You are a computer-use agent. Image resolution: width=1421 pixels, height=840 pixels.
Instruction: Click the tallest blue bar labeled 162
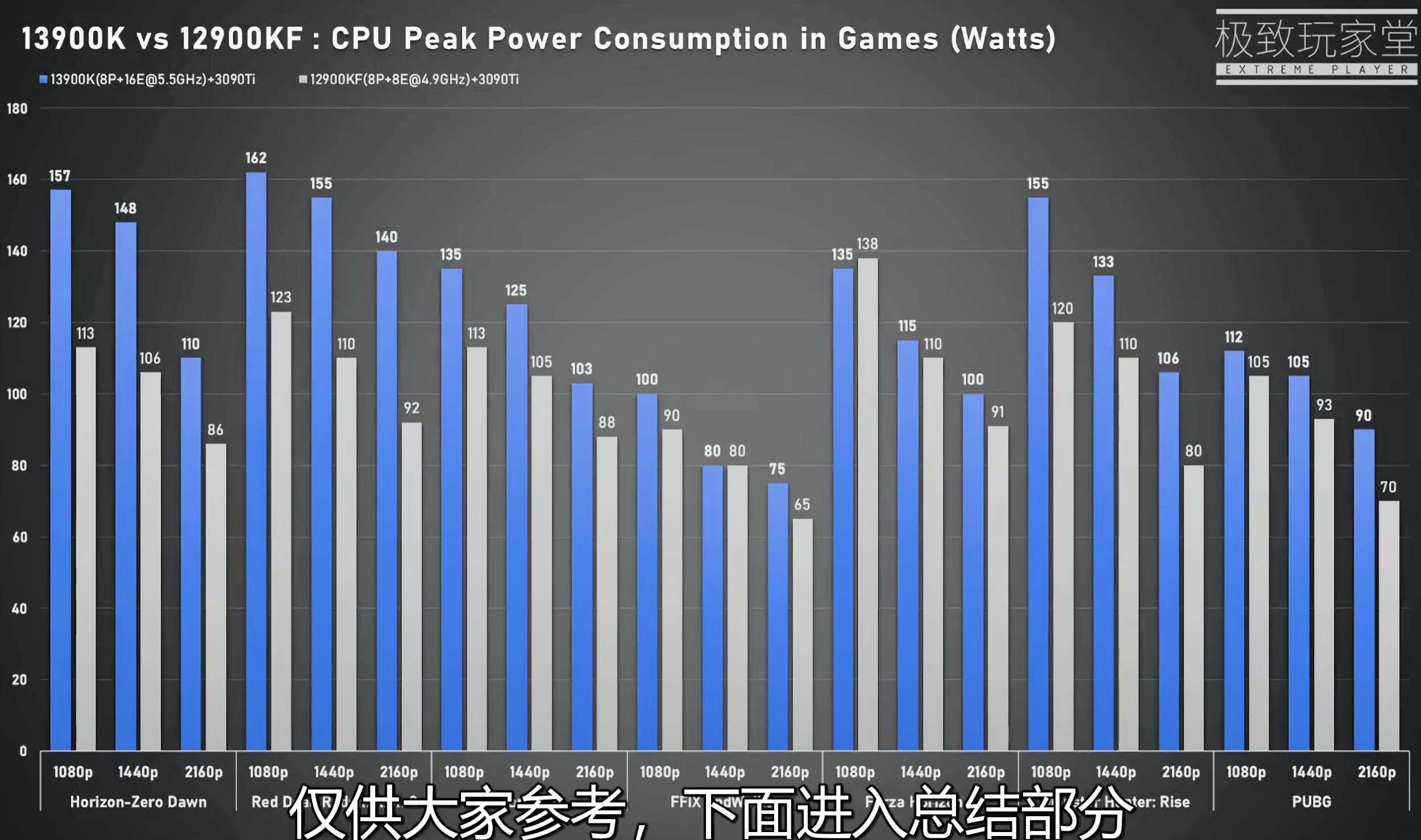[x=256, y=461]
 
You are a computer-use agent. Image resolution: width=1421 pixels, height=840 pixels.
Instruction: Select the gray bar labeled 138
[x=867, y=504]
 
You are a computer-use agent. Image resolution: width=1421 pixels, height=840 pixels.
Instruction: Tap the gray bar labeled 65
[x=803, y=634]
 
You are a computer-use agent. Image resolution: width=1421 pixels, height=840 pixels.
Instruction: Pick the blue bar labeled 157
[x=60, y=470]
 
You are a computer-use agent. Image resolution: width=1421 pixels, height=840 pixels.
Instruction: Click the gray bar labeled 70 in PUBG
[x=1389, y=625]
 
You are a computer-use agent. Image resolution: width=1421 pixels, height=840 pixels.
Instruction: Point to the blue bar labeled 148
[x=126, y=486]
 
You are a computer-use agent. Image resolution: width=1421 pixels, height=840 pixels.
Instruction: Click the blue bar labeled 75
[x=778, y=616]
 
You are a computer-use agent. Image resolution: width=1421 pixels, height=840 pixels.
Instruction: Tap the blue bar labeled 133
[x=1103, y=512]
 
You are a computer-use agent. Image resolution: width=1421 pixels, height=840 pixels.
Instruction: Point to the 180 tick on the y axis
[x=17, y=109]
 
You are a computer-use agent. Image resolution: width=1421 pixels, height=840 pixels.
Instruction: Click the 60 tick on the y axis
[x=19, y=537]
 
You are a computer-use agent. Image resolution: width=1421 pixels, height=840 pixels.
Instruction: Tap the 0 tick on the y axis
[x=23, y=751]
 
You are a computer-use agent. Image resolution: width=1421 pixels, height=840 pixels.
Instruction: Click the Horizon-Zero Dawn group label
[x=138, y=802]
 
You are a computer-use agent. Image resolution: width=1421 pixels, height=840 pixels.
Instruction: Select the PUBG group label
[x=1311, y=802]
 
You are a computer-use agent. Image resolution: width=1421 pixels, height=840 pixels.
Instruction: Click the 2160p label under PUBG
[x=1377, y=772]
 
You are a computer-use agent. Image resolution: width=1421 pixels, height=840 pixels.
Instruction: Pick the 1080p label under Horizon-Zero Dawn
[x=73, y=772]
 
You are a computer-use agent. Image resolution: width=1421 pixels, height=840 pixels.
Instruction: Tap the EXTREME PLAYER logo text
[x=1316, y=70]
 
